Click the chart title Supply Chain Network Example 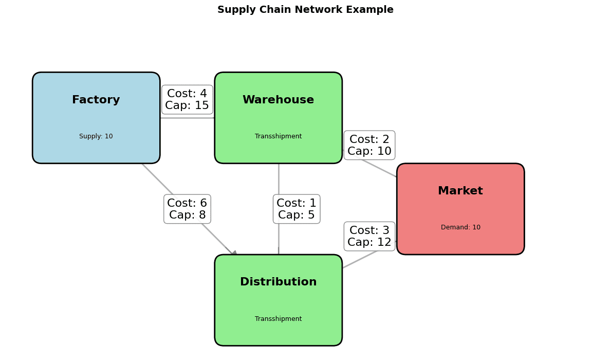305,10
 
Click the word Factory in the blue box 96,100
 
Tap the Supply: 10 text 96,136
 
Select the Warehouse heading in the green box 278,100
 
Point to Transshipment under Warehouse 278,136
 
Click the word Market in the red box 460,191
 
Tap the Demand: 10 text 460,227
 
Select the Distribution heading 278,282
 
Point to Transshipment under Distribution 278,319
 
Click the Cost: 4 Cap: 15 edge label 187,100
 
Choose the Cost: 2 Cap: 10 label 369,146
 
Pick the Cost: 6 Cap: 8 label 187,209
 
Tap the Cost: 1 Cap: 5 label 297,209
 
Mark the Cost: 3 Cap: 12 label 369,237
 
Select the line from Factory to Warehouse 188,118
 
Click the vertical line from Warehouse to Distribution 279,180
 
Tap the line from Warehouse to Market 380,169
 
